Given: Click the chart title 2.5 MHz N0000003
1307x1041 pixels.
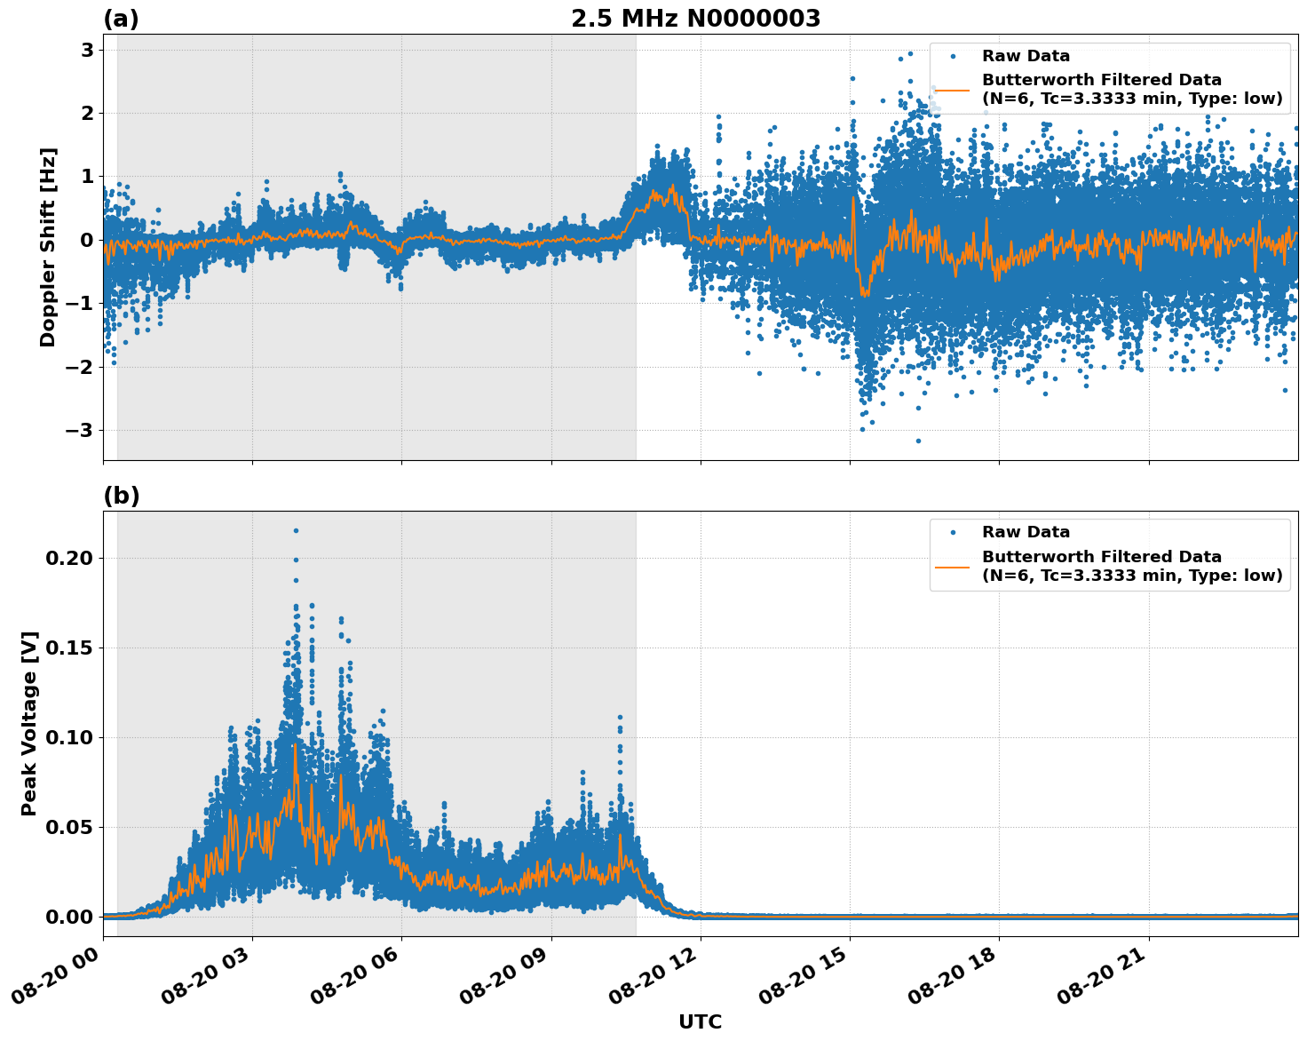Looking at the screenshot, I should (x=695, y=19).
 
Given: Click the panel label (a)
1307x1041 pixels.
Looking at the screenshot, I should (x=121, y=19).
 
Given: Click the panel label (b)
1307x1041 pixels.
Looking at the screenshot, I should (x=121, y=496).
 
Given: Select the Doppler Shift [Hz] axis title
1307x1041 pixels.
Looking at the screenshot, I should (x=48, y=247).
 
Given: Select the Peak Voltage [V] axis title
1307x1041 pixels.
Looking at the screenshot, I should (x=29, y=723).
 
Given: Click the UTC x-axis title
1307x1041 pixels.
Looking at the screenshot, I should (x=700, y=1021).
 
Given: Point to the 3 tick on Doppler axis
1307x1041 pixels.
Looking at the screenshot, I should (x=87, y=50).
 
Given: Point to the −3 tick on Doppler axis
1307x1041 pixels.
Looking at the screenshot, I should (x=82, y=430).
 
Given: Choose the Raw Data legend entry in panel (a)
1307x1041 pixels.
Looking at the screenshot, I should (x=1026, y=57).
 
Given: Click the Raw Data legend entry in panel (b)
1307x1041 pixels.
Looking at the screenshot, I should (x=1026, y=532).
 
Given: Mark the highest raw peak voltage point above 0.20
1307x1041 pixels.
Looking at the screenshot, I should (x=296, y=530).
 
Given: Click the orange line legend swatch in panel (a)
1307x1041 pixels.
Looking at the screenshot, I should (x=953, y=90).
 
